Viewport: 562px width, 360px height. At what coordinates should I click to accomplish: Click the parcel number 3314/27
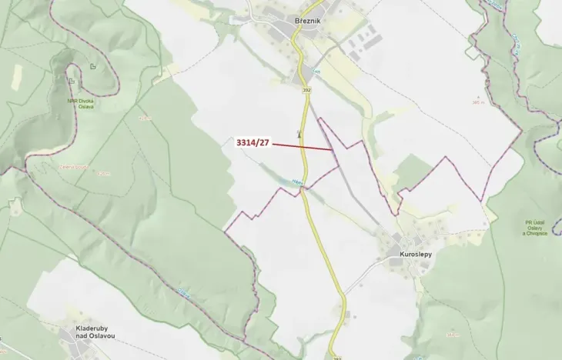point(253,142)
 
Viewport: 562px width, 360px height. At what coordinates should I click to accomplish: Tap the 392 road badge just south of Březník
point(306,91)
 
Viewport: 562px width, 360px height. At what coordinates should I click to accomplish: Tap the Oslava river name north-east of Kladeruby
point(182,291)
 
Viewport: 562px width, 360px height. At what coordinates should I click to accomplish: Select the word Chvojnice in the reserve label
point(537,234)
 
